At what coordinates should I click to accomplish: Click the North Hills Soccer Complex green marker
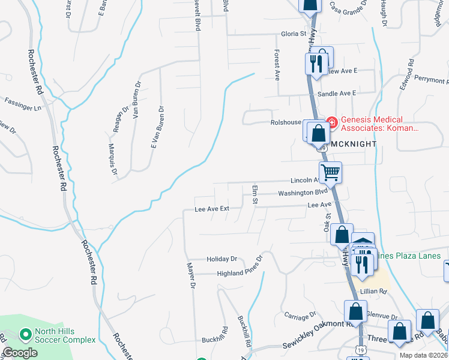coord(25,334)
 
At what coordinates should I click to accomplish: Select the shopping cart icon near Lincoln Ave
coord(330,173)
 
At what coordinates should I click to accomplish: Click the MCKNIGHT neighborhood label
coord(354,144)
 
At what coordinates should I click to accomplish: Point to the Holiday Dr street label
coord(222,259)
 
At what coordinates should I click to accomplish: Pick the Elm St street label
coord(255,194)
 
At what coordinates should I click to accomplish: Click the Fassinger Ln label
coord(23,103)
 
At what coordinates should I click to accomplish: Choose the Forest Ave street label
coord(277,65)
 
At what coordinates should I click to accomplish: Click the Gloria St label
coord(294,34)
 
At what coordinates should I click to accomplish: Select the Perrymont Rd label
coord(432,80)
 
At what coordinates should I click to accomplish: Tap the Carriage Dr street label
coord(300,316)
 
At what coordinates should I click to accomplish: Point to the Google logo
coord(20,353)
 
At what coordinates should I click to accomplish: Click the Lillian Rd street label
coord(373,290)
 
